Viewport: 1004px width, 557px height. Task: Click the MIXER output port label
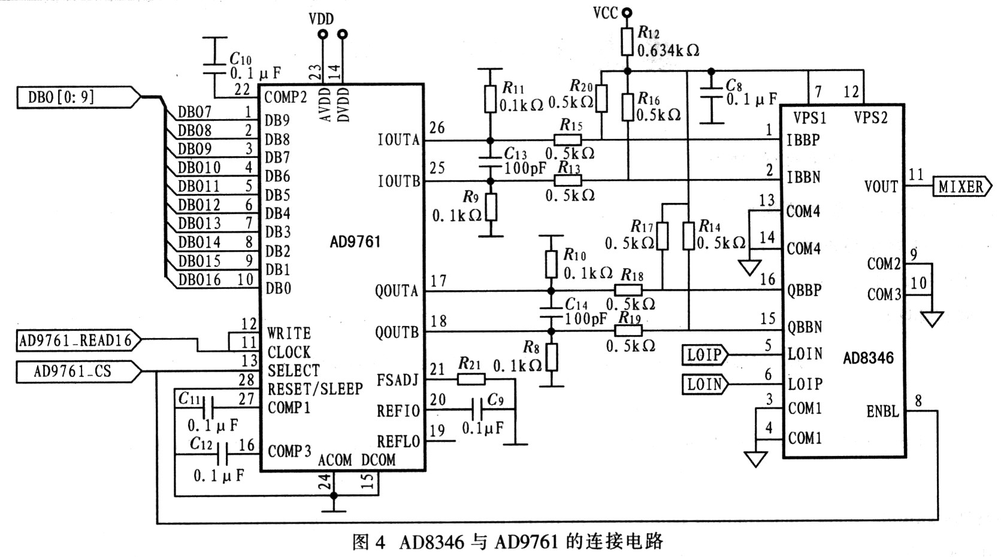pyautogui.click(x=961, y=187)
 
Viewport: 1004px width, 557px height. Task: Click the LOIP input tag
pyautogui.click(x=704, y=354)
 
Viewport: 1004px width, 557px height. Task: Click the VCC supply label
pyautogui.click(x=605, y=13)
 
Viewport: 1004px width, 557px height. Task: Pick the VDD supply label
pyautogui.click(x=321, y=19)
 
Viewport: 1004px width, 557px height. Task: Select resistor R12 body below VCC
pyautogui.click(x=627, y=41)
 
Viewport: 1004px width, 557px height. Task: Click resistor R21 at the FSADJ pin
pyautogui.click(x=471, y=379)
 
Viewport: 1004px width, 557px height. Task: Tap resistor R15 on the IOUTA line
pyautogui.click(x=567, y=140)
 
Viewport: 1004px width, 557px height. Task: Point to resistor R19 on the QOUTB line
pyautogui.click(x=628, y=331)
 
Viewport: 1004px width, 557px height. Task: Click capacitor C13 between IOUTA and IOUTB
pyautogui.click(x=490, y=160)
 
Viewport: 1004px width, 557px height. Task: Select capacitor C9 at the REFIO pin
pyautogui.click(x=478, y=410)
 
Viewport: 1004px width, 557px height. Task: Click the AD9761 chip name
pyautogui.click(x=355, y=242)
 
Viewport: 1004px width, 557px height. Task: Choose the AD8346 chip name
pyautogui.click(x=868, y=358)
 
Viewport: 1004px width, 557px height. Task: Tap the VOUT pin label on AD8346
pyautogui.click(x=881, y=187)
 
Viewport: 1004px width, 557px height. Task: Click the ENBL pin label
pyautogui.click(x=882, y=411)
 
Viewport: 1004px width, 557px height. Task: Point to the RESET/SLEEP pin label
pyautogui.click(x=314, y=389)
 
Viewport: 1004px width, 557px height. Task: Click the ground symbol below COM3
pyautogui.click(x=932, y=319)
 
